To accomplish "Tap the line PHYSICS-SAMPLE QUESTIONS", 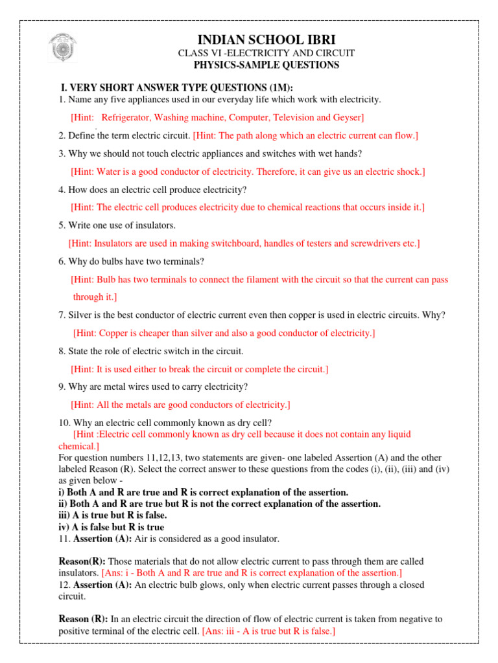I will tap(266, 65).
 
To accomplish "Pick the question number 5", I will tap(61, 225).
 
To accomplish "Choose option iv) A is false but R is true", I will tap(111, 527).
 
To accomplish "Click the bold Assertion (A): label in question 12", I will tap(103, 585).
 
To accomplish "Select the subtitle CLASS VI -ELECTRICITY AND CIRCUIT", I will tap(266, 52).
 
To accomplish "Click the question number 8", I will tap(61, 352).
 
